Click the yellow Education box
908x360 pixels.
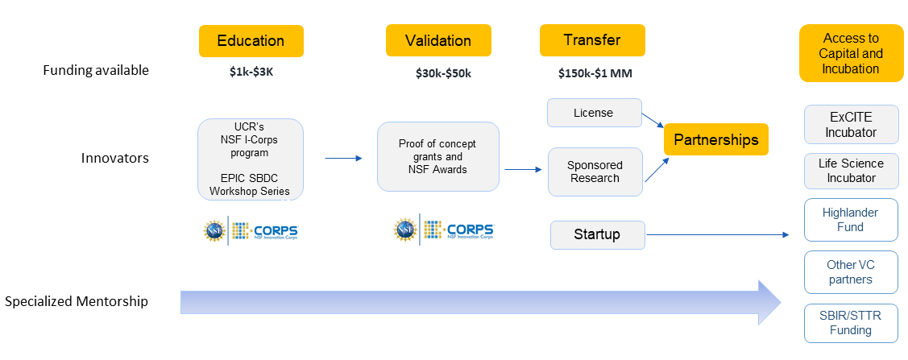pyautogui.click(x=251, y=41)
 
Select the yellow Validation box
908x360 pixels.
pyautogui.click(x=437, y=41)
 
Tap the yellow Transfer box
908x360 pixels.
pyautogui.click(x=592, y=41)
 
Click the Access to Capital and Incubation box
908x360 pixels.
pyautogui.click(x=851, y=53)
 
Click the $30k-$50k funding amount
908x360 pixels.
pyautogui.click(x=443, y=73)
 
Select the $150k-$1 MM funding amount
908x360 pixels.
pyautogui.click(x=595, y=73)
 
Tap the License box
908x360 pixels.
pyautogui.click(x=594, y=113)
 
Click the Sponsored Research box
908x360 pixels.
pyautogui.click(x=595, y=172)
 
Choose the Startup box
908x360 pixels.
pyautogui.click(x=597, y=235)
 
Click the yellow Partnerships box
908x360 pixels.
pyautogui.click(x=715, y=139)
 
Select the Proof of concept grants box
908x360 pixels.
pyautogui.click(x=437, y=156)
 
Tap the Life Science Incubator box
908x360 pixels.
pyautogui.click(x=851, y=170)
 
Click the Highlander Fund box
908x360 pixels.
pyautogui.click(x=851, y=220)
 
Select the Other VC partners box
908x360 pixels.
pyautogui.click(x=851, y=272)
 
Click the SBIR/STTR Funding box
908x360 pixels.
pyautogui.click(x=851, y=322)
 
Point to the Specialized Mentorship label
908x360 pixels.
pyautogui.click(x=77, y=301)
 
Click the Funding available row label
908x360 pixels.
pyautogui.click(x=96, y=70)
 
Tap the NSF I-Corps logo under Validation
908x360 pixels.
pyautogui.click(x=443, y=231)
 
